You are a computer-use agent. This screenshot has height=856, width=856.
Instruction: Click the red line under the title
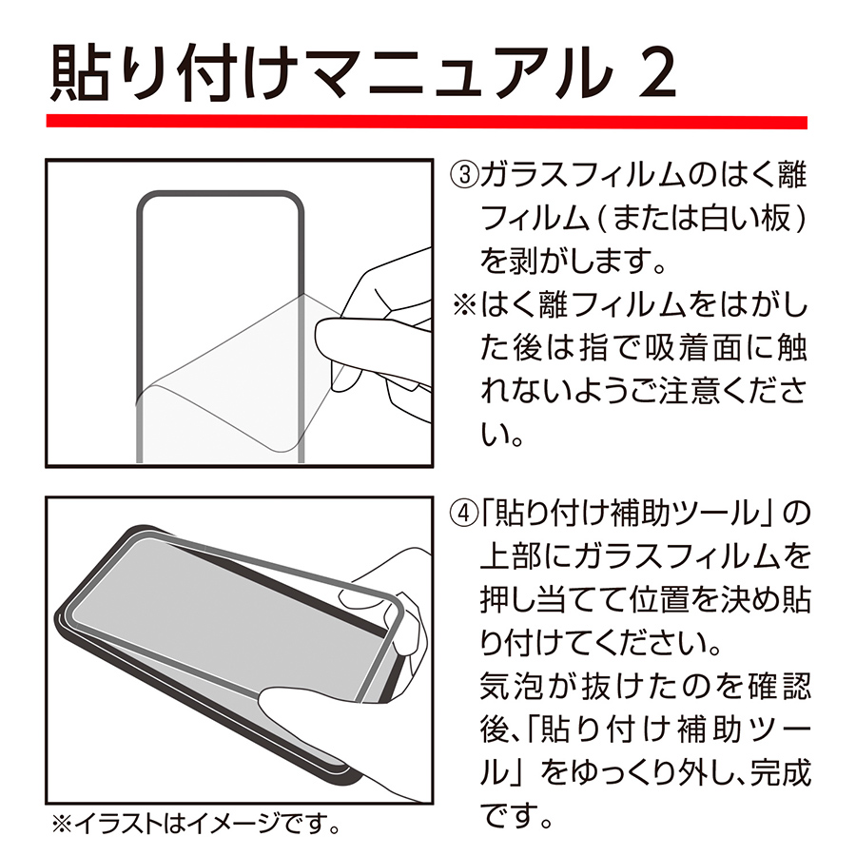click(428, 123)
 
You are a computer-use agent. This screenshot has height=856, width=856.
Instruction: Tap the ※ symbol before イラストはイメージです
click(61, 820)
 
